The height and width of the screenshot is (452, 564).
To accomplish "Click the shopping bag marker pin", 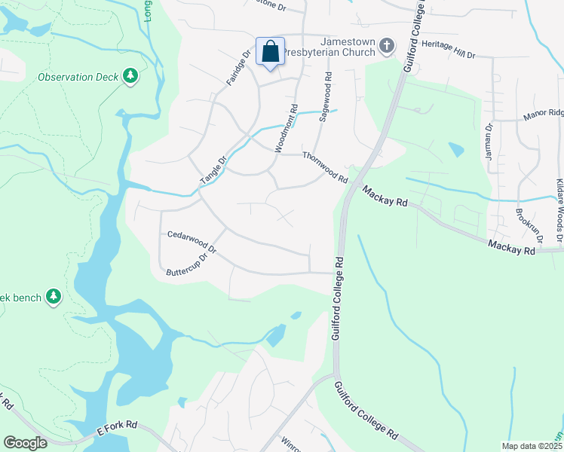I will click(270, 53).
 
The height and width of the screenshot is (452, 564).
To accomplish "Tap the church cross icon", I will click(387, 46).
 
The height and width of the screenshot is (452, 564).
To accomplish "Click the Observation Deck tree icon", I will click(131, 76).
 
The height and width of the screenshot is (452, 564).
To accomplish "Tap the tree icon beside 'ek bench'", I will click(53, 297).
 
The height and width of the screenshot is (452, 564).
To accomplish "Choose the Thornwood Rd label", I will click(325, 168).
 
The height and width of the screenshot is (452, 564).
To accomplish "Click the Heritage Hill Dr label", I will click(449, 50).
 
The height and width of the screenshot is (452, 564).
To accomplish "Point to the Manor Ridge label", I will click(543, 115).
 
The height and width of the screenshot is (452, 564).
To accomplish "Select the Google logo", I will click(25, 443).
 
